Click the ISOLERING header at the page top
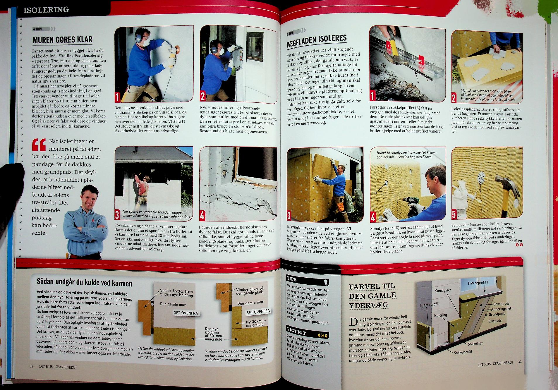(x=46, y=10)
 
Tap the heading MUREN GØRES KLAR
(x=62, y=39)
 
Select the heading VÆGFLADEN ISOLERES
(x=317, y=40)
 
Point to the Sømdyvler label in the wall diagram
(x=444, y=290)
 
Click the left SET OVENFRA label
(x=186, y=313)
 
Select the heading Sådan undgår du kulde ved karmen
(x=84, y=283)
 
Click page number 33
(x=520, y=362)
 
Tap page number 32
(x=31, y=366)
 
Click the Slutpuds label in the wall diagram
(x=495, y=321)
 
